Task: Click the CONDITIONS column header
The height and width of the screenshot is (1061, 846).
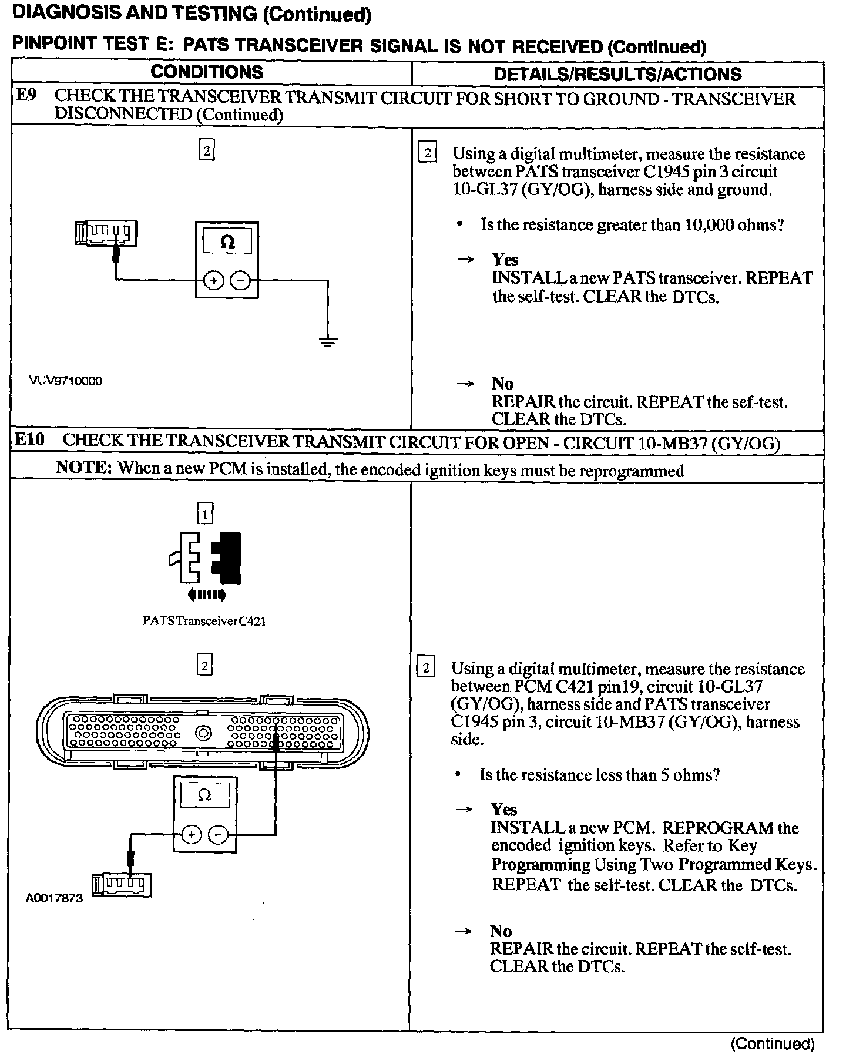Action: [x=207, y=72]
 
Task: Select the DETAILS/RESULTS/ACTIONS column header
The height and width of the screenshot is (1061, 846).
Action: [x=617, y=74]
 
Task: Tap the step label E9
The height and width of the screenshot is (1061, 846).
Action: [x=26, y=95]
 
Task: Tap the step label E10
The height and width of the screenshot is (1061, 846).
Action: [x=30, y=439]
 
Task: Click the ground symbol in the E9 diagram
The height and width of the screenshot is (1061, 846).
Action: [x=328, y=341]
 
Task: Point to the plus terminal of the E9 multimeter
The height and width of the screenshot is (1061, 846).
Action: [x=213, y=281]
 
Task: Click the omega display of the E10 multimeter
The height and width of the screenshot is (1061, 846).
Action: [x=204, y=795]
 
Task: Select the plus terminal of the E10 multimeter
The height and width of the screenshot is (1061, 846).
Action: [x=191, y=834]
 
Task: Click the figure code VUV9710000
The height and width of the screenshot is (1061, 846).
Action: [x=65, y=381]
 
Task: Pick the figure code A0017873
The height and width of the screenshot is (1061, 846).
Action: [x=54, y=898]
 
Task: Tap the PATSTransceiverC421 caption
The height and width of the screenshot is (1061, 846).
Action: [x=204, y=621]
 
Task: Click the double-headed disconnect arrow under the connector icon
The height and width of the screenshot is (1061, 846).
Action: [x=206, y=596]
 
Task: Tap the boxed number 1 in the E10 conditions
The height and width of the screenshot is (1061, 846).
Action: [x=204, y=515]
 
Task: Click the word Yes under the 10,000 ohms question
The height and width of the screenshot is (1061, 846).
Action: [x=505, y=260]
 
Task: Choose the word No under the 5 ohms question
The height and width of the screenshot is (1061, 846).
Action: [x=501, y=931]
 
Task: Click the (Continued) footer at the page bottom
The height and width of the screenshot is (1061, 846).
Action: [x=772, y=1043]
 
